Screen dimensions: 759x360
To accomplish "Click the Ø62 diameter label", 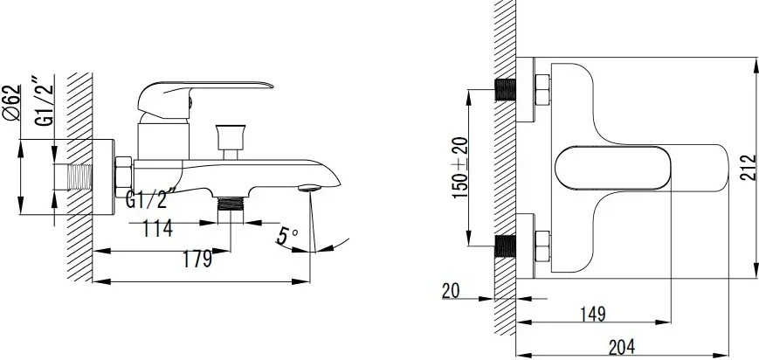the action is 12,103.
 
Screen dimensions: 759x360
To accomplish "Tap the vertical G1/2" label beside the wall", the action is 44,100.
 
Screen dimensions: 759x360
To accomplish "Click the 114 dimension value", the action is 157,228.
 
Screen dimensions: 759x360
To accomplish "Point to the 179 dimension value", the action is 197,260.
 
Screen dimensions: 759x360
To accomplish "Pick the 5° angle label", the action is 287,235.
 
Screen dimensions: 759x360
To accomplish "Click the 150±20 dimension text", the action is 460,168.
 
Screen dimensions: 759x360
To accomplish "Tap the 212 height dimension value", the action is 749,168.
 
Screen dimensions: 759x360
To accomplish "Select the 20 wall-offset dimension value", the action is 451,291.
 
